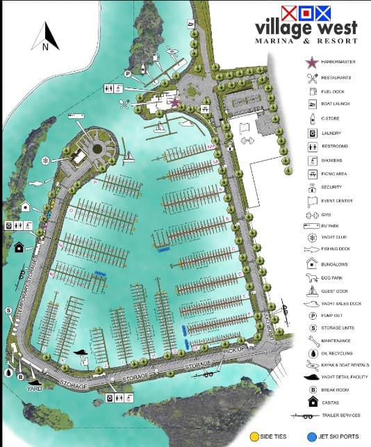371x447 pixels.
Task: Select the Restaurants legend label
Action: point(336,77)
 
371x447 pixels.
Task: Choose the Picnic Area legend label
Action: point(334,173)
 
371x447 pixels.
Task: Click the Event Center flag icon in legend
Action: point(311,201)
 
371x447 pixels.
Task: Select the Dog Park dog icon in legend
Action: point(311,277)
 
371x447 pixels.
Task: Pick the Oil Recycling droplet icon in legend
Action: point(311,352)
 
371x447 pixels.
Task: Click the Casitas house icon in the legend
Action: point(311,402)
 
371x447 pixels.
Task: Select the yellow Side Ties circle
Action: point(254,439)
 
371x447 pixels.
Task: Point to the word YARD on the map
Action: point(35,391)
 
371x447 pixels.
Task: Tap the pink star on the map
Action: point(174,103)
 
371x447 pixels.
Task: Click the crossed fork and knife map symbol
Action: point(124,104)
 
